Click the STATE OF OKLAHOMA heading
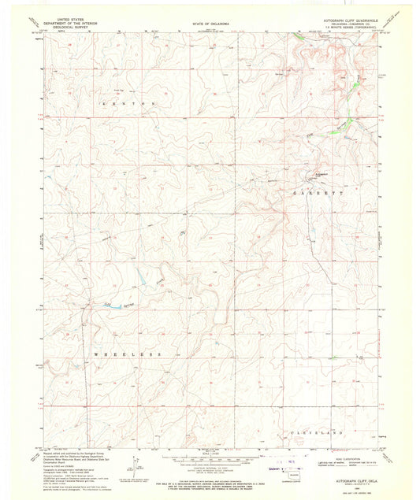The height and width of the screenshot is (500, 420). [x=210, y=24]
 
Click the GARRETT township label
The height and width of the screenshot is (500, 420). [x=318, y=192]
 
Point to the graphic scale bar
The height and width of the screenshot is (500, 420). [x=210, y=465]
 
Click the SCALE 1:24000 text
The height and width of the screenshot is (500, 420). [x=210, y=458]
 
